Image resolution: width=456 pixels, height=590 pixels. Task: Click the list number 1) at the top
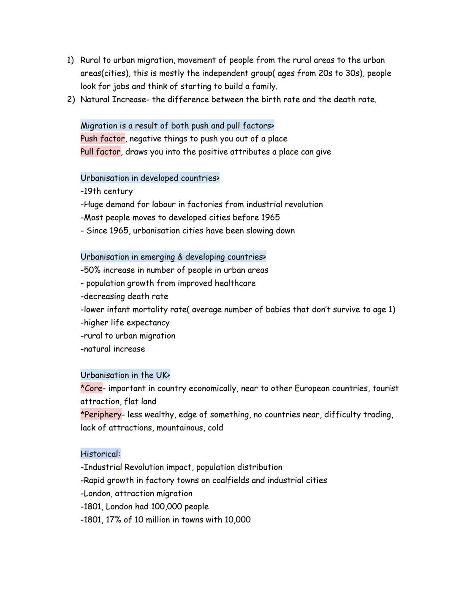[70, 60]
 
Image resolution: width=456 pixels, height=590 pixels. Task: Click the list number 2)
[71, 100]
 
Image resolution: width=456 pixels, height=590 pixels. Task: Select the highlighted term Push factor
[103, 139]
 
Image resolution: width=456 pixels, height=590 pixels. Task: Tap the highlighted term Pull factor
[100, 152]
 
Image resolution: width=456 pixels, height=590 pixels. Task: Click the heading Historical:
[100, 454]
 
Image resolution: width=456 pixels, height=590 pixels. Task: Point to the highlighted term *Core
[92, 388]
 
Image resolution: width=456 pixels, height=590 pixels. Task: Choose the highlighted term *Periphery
[101, 414]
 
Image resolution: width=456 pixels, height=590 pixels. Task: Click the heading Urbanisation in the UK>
[125, 375]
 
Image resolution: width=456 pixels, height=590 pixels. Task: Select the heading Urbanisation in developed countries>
[150, 178]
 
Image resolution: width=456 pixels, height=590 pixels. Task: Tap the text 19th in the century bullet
[92, 191]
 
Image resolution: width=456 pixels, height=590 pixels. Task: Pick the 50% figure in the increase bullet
[92, 270]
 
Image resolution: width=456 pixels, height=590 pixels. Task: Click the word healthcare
[235, 283]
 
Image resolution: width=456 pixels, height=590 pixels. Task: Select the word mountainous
[180, 428]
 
